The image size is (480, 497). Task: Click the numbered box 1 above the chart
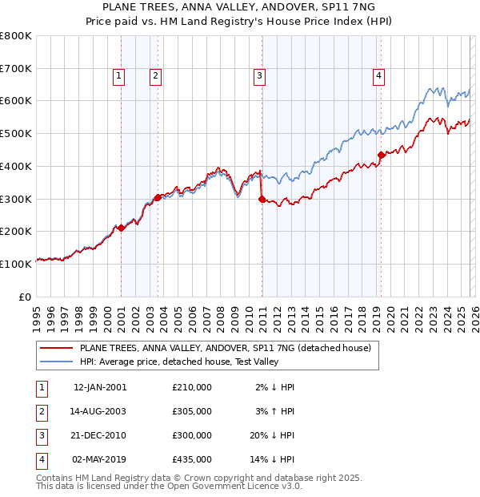[x=118, y=76]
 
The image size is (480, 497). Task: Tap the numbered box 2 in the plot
[x=155, y=76]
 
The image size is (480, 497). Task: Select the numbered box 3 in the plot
[x=260, y=76]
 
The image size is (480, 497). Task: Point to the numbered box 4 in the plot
[x=378, y=76]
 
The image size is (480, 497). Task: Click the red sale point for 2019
[x=381, y=155]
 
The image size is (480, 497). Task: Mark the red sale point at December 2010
[x=262, y=199]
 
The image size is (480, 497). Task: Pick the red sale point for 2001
[x=121, y=228]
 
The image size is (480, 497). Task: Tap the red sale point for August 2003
[x=158, y=197]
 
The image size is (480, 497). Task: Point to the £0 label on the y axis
[x=25, y=297]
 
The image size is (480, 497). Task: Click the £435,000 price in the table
[x=192, y=459]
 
